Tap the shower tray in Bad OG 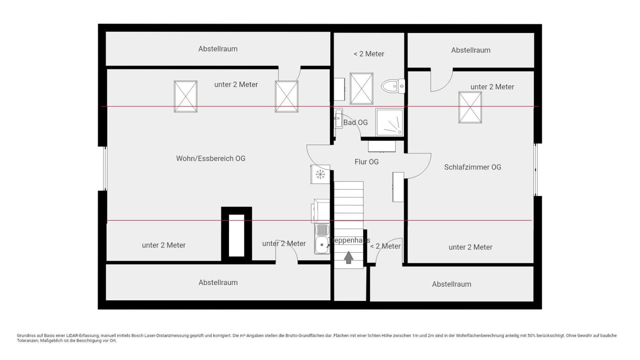coord(389,122)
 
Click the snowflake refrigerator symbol coord(320,174)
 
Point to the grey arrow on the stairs coord(348,257)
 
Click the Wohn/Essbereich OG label coord(210,158)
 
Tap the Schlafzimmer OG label coord(473,167)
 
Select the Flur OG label coord(366,162)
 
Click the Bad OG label coord(355,123)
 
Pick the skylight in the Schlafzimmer coord(470,107)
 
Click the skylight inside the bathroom coord(361,88)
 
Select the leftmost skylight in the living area coord(185,96)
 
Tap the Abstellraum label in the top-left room coord(218,49)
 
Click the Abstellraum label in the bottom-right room coord(451,284)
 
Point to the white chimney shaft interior coord(236,235)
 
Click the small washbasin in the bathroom coord(338,118)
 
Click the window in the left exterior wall coord(105,168)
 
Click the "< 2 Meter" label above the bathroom coord(369,54)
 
